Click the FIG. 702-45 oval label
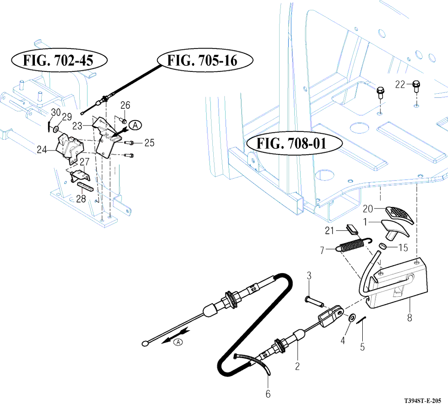pyautogui.click(x=59, y=60)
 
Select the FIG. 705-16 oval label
pyautogui.click(x=205, y=60)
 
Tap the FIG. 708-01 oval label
pyautogui.click(x=294, y=143)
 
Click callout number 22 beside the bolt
pyautogui.click(x=400, y=84)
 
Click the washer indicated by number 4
pyautogui.click(x=352, y=317)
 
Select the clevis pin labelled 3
pyautogui.click(x=314, y=302)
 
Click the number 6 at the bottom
pyautogui.click(x=268, y=394)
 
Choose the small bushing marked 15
pyautogui.click(x=383, y=246)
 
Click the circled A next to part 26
pyautogui.click(x=135, y=125)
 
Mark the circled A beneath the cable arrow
pyautogui.click(x=178, y=342)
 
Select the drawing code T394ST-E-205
pyautogui.click(x=423, y=401)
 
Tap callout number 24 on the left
pyautogui.click(x=42, y=150)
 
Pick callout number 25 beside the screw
pyautogui.click(x=149, y=143)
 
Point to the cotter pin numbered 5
pyautogui.click(x=362, y=319)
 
